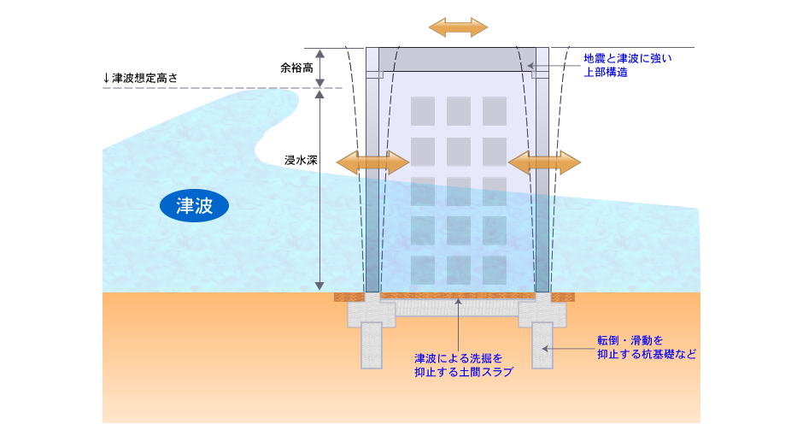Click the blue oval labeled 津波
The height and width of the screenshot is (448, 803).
[x=194, y=205]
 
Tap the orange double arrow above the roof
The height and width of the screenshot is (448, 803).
[x=458, y=27]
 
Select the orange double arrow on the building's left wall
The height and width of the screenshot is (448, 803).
[x=373, y=162]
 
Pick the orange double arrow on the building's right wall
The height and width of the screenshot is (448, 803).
[x=545, y=162]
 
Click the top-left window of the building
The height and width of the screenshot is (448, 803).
[x=423, y=111]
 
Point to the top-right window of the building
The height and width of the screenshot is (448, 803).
[x=495, y=111]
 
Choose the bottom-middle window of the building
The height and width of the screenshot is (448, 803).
[x=459, y=270]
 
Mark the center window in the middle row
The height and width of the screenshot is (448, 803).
[x=459, y=191]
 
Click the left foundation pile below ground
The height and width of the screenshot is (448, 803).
[x=372, y=345]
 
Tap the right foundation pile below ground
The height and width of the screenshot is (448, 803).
[x=544, y=345]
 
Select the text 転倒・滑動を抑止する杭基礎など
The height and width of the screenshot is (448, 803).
[x=646, y=347]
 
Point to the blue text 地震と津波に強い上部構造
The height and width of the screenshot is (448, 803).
[x=628, y=65]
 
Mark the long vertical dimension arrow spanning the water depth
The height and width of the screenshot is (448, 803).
[x=320, y=188]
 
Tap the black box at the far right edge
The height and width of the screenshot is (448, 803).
[x=706, y=347]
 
